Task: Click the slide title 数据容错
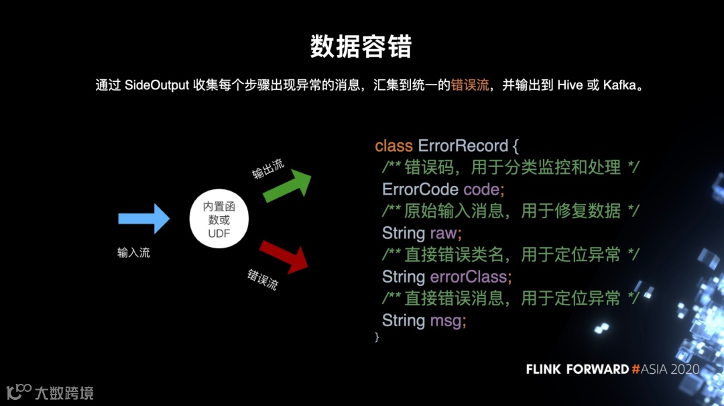361,47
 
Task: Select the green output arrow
288,186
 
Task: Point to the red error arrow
284,255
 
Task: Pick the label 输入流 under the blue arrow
133,254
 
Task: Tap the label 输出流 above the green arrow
268,170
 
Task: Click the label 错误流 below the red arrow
262,279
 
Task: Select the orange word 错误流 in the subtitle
469,86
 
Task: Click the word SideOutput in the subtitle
156,86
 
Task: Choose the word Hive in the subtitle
570,86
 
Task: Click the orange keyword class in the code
394,146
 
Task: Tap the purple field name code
481,189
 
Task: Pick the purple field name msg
445,320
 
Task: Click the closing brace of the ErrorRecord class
377,337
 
